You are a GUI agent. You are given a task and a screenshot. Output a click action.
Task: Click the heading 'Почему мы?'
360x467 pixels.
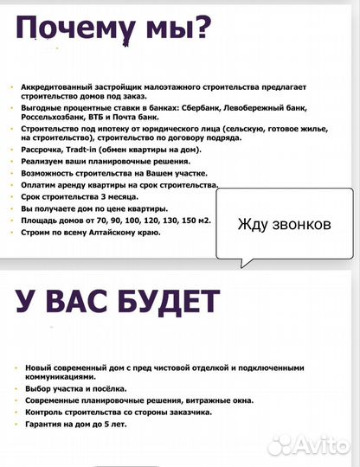(x=113, y=30)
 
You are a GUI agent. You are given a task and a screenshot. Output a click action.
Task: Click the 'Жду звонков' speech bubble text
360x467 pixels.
(x=283, y=225)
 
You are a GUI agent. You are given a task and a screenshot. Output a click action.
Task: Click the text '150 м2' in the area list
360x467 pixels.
(x=196, y=222)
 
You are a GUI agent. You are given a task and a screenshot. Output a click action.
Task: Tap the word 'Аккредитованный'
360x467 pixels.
(x=56, y=88)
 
